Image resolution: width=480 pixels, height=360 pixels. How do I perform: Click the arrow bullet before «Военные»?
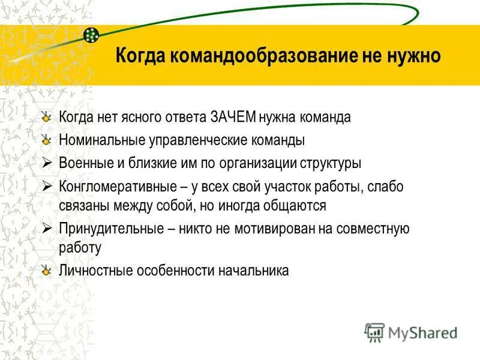[x=48, y=163]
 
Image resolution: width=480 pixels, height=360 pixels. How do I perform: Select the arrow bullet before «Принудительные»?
[x=48, y=228]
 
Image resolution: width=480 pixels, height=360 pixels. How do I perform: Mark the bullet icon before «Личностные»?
[x=47, y=270]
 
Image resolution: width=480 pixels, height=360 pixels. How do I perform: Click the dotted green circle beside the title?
[x=91, y=35]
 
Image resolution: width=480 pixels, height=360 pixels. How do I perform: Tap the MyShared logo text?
[x=422, y=332]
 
